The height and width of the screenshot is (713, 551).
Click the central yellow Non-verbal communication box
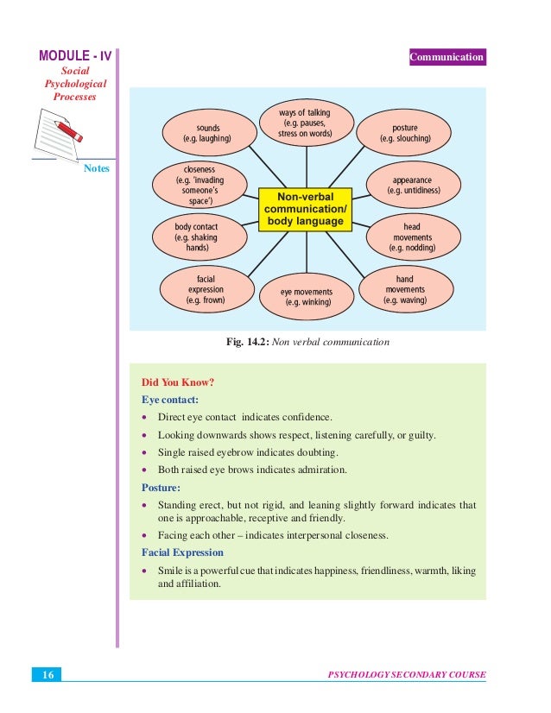[306, 208]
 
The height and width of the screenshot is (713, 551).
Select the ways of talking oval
[305, 123]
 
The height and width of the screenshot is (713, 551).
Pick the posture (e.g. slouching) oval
[404, 133]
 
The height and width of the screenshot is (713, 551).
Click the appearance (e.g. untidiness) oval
[413, 184]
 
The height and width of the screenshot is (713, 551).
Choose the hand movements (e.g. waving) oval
[404, 290]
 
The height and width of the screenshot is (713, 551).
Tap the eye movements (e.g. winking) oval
[306, 297]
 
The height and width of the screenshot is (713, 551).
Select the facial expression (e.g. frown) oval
[206, 290]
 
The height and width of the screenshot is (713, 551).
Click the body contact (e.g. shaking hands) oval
[196, 237]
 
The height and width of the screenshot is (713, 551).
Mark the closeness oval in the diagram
[199, 185]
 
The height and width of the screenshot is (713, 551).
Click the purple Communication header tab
[447, 57]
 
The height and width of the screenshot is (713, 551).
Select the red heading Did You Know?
[177, 383]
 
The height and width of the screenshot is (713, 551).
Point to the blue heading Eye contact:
[169, 401]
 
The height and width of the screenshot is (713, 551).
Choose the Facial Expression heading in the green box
[182, 552]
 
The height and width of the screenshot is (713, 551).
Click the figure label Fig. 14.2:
[247, 342]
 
